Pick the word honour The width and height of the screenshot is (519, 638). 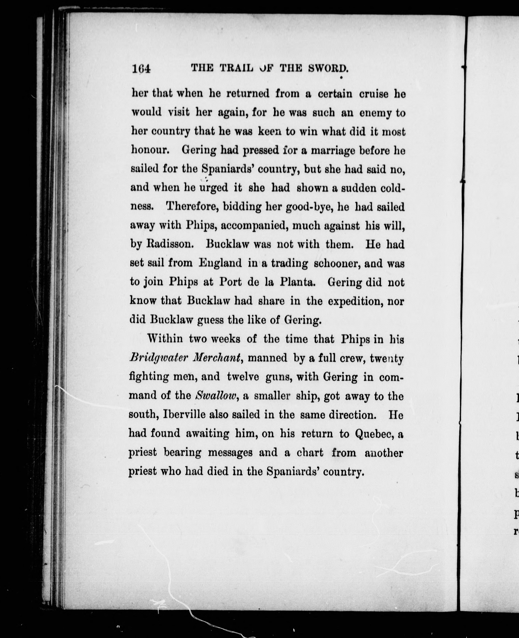click(x=150, y=150)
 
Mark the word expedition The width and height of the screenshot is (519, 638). click(x=356, y=301)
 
